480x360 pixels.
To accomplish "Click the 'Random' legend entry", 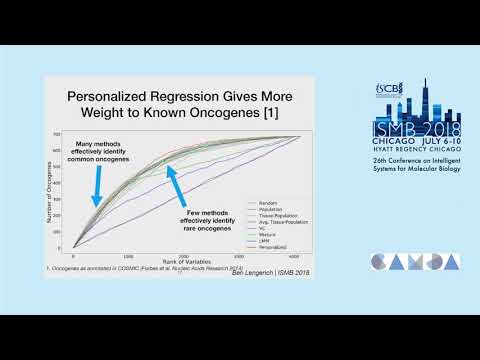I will coord(264,203).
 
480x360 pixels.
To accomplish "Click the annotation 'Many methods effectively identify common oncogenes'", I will coord(99,150).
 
